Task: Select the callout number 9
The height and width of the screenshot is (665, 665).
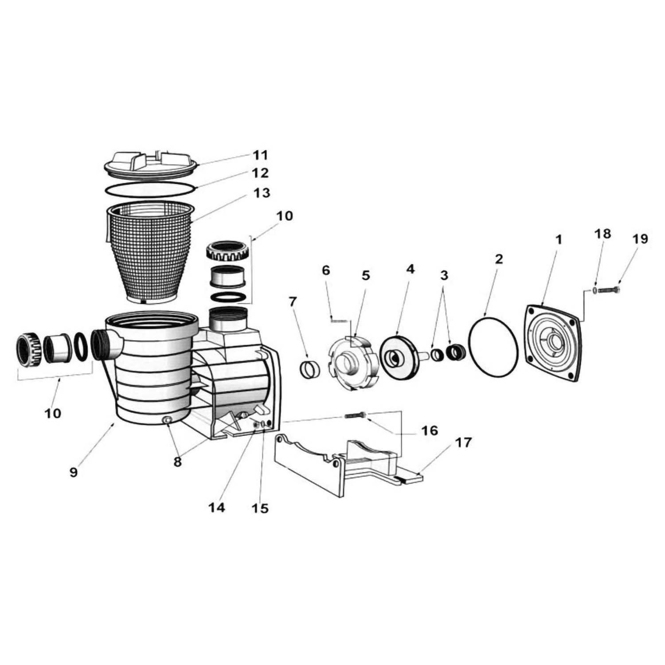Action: pos(74,472)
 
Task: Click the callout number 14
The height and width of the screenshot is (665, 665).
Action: pos(217,508)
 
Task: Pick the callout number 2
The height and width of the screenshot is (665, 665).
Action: pos(499,259)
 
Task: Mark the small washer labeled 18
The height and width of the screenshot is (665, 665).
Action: pos(594,290)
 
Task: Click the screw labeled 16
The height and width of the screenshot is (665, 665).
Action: pos(355,416)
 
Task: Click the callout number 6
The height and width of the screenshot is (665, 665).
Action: pos(326,270)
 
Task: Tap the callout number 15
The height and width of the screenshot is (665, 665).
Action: pos(260,508)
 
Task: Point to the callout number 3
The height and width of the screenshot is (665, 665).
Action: pos(444,275)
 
